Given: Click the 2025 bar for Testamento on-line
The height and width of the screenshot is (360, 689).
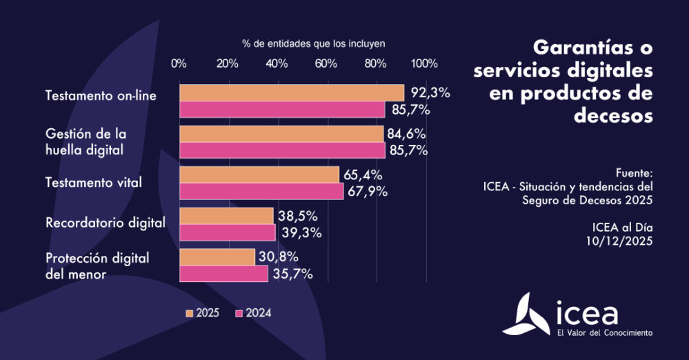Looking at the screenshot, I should click(x=292, y=92).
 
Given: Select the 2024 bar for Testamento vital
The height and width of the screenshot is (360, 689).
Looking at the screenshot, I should click(x=261, y=191).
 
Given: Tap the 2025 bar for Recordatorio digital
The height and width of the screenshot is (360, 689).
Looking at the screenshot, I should click(x=227, y=216).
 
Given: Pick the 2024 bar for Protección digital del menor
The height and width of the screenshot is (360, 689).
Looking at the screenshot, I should click(x=223, y=274).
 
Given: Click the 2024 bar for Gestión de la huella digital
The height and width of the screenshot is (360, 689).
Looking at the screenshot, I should click(x=282, y=150).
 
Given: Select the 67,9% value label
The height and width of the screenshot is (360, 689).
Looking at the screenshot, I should click(x=368, y=192).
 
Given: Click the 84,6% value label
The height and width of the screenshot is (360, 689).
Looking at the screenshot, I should click(x=407, y=133).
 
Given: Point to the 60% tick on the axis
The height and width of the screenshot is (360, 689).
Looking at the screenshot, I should click(x=326, y=63).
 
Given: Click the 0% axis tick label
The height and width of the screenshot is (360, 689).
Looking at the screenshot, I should click(x=179, y=63).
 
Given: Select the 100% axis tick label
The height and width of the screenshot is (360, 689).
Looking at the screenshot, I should click(x=424, y=63).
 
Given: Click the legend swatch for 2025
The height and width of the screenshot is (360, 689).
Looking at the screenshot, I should click(x=190, y=313).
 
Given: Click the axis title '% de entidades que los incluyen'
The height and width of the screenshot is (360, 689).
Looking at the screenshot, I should click(x=313, y=43).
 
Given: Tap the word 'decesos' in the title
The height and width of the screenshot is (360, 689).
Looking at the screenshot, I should click(x=612, y=116).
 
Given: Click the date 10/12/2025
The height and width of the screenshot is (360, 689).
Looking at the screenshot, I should click(x=618, y=241).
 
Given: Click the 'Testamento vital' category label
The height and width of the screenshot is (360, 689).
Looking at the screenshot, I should click(x=93, y=183).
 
